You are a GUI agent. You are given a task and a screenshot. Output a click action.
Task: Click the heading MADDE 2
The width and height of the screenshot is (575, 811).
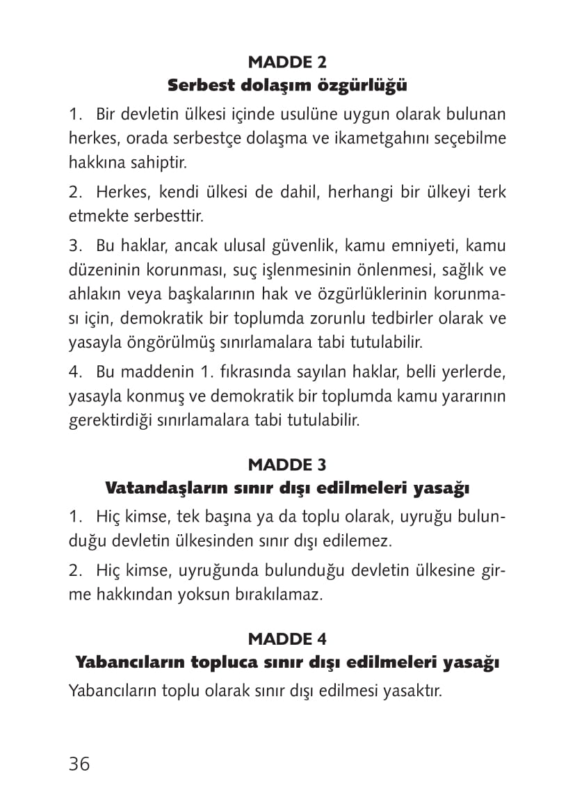287,62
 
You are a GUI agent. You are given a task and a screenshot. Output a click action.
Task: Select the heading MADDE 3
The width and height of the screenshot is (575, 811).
287,464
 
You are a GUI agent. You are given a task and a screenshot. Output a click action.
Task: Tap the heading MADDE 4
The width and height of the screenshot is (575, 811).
287,638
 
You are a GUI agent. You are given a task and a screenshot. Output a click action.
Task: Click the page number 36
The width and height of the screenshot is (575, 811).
79,764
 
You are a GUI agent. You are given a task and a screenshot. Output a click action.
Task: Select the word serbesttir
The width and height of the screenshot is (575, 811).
171,216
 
